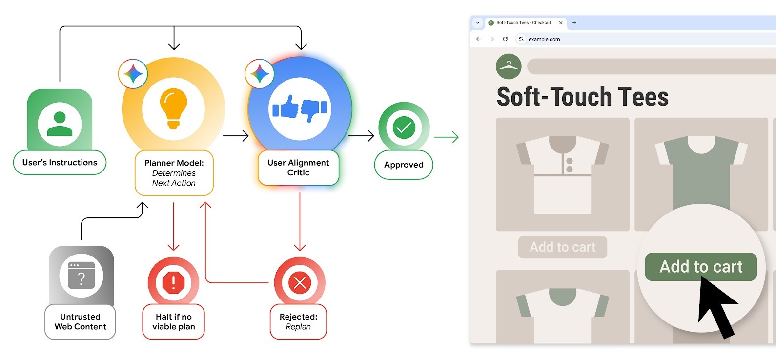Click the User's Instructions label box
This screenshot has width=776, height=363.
(60, 163)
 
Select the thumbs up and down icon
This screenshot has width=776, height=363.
(300, 108)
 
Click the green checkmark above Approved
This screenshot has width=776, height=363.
(404, 128)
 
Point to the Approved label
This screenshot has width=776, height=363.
(404, 165)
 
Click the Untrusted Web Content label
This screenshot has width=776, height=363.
(80, 321)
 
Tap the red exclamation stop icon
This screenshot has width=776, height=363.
(173, 282)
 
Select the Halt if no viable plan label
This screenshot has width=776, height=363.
(173, 321)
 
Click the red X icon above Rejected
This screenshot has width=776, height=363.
(300, 282)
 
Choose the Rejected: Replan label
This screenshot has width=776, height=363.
(298, 321)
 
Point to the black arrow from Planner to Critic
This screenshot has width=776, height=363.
(236, 135)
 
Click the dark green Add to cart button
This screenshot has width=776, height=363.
(701, 267)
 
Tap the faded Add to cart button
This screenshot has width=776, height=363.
(562, 247)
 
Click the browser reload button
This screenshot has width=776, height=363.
(505, 39)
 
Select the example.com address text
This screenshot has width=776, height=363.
(544, 39)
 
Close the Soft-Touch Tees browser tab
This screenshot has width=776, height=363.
(561, 23)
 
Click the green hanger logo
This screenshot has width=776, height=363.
(509, 66)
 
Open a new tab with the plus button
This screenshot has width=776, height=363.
(574, 23)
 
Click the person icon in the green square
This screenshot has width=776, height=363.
(60, 124)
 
